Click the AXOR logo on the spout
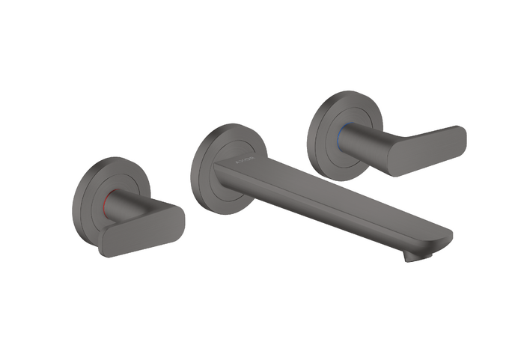[244, 159]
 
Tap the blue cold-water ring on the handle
[343, 135]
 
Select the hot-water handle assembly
[124, 210]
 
